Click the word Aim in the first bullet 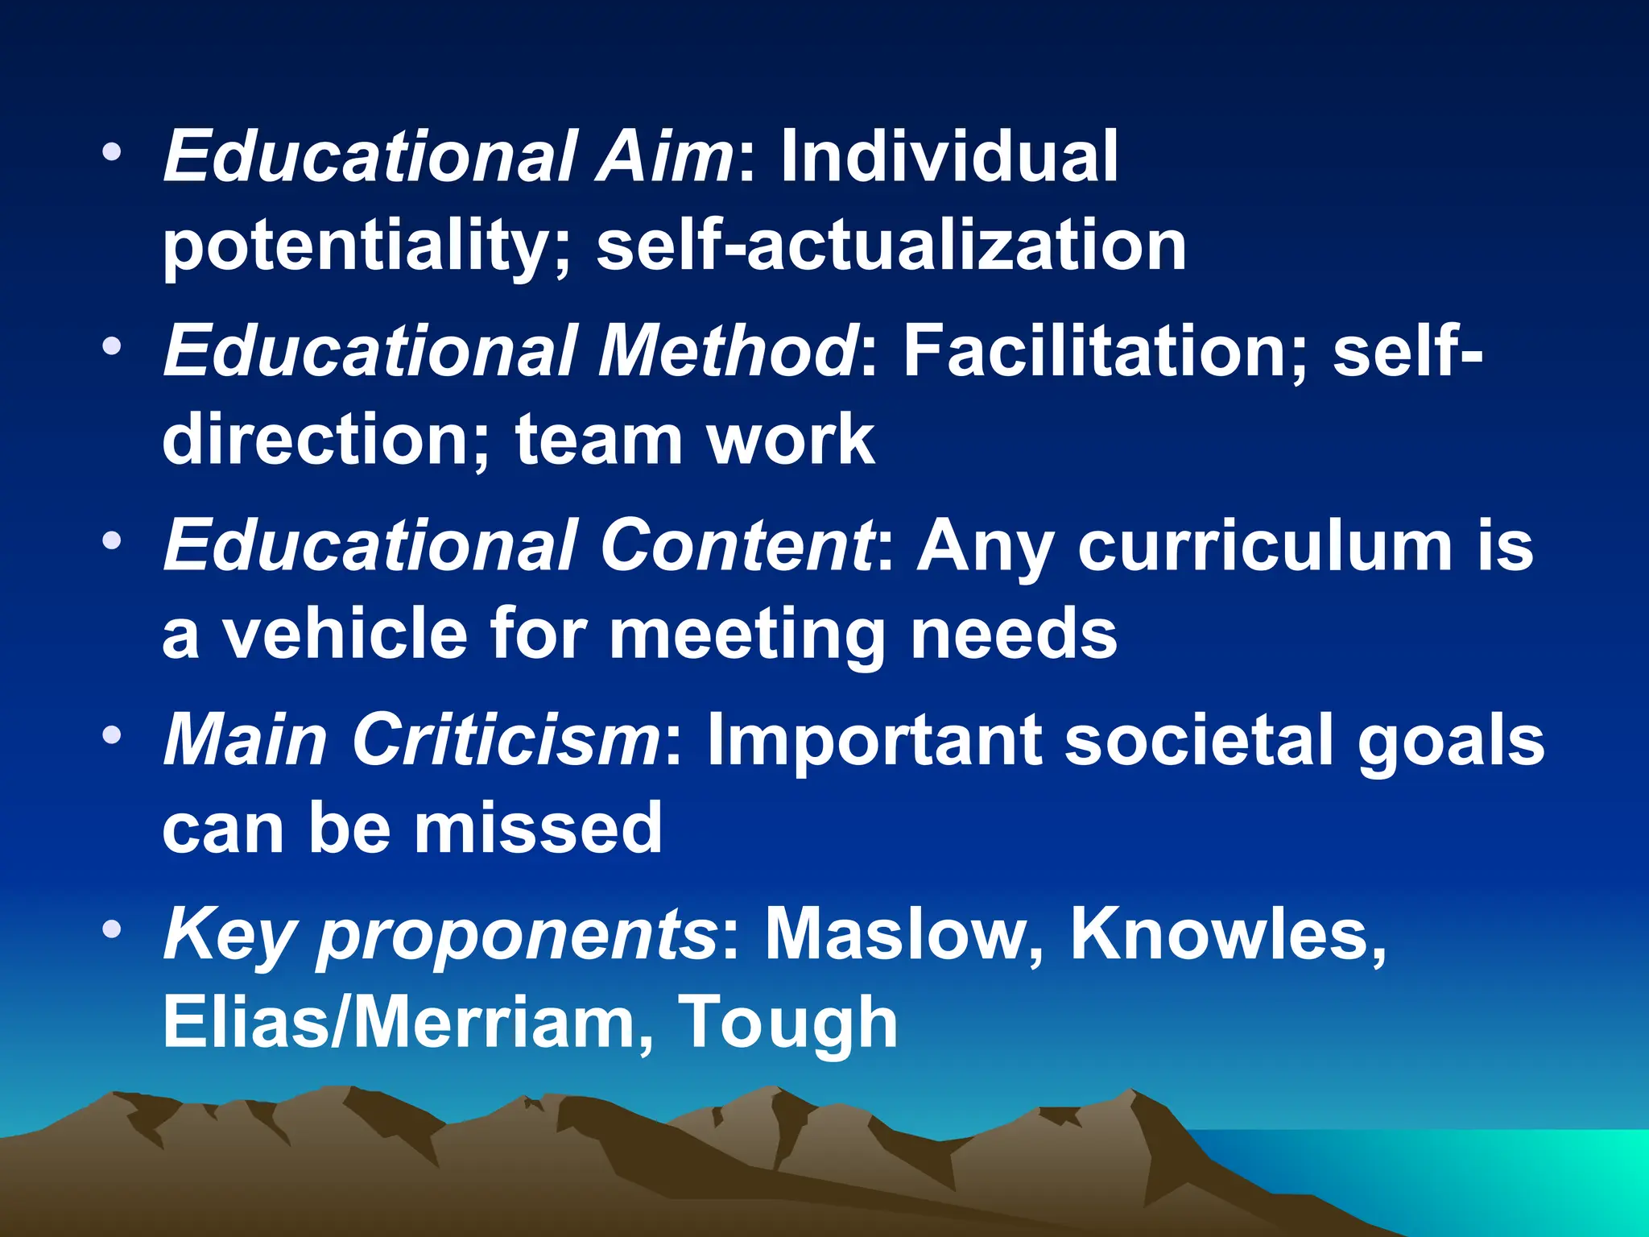pos(663,157)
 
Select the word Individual pos(949,157)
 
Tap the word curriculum pos(1265,546)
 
